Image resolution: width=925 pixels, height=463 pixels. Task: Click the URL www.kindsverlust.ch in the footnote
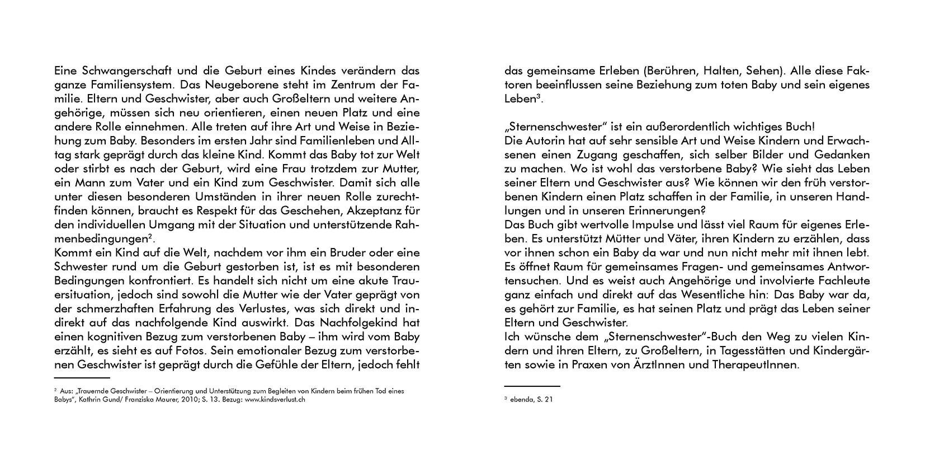tap(275, 400)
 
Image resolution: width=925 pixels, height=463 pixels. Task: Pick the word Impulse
tap(650, 225)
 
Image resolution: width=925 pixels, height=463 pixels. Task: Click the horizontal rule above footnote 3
tap(532, 386)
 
